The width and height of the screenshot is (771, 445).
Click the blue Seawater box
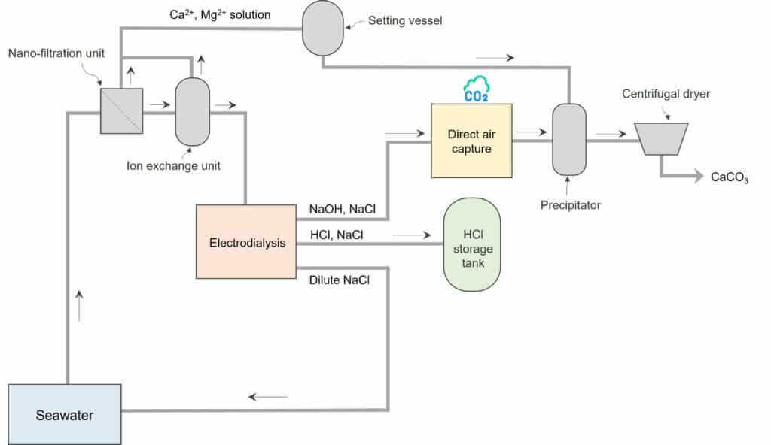65,414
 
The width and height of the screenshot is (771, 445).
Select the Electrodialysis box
246,242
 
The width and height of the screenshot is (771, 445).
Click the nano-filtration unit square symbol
121,111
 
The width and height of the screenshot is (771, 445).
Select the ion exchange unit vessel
192,111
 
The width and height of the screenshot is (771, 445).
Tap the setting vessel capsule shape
322,28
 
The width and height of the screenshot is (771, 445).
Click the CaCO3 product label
729,177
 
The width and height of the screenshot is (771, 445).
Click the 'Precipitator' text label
571,204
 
